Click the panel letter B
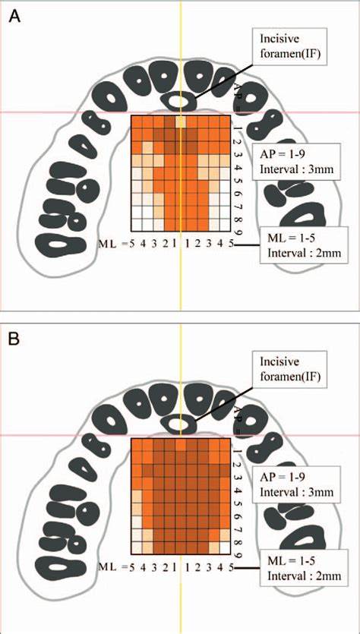(14, 339)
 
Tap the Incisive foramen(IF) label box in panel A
(289, 46)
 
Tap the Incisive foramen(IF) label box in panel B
(289, 369)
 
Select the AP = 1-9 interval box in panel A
(295, 161)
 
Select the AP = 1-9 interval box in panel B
(295, 484)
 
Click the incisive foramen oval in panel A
(178, 101)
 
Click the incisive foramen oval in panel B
(178, 424)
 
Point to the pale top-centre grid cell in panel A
(181, 122)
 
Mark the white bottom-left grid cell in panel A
(136, 224)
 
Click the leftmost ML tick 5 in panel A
(131, 244)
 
